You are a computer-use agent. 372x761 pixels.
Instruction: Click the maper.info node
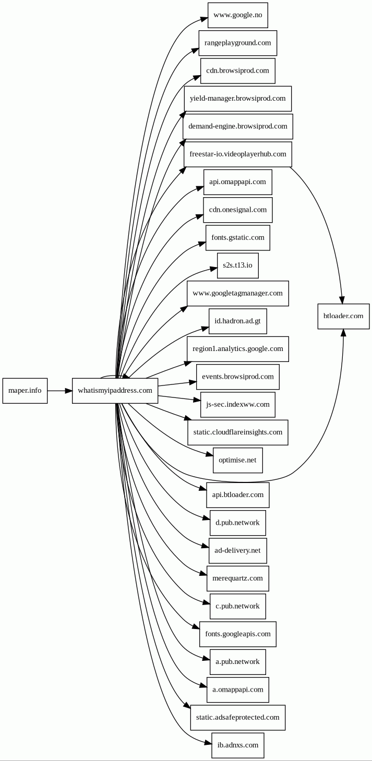tap(25, 390)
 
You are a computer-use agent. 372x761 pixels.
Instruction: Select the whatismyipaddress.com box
tap(115, 390)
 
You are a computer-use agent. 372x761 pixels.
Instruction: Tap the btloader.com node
tap(343, 316)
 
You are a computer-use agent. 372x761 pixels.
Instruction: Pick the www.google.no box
tap(238, 15)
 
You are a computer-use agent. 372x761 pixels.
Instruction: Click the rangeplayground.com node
tap(238, 43)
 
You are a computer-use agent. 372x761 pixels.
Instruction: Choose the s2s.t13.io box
tap(238, 265)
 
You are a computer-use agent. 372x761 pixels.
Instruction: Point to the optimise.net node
tap(238, 460)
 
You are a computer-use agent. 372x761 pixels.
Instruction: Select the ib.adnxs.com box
tap(238, 745)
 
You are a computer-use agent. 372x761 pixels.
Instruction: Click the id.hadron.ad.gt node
tap(238, 321)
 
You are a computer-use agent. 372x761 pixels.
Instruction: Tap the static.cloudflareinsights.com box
tap(238, 432)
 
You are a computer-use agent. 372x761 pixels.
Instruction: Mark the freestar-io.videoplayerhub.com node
tap(238, 154)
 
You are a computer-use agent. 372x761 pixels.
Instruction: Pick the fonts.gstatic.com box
tap(238, 237)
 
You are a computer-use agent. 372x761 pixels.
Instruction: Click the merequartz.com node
tap(238, 578)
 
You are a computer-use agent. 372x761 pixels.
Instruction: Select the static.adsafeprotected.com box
tap(238, 717)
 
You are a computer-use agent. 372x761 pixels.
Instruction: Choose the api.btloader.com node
tap(238, 494)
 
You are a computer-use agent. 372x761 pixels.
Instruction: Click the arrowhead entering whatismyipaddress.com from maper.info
tap(68, 390)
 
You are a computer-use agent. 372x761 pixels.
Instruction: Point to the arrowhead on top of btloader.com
tap(342, 300)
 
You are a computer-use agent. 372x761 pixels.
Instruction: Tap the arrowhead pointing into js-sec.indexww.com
tap(197, 401)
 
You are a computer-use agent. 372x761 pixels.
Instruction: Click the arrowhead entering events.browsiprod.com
tap(193, 382)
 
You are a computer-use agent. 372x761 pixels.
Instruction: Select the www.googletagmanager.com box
tap(238, 293)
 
